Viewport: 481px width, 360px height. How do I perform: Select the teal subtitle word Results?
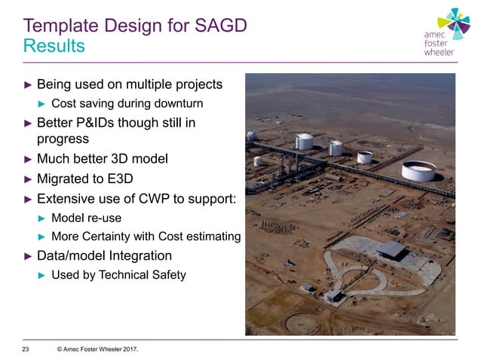[x=54, y=46]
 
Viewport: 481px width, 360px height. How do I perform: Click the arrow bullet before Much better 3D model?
[x=28, y=159]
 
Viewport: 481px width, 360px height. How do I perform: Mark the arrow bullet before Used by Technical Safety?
[x=42, y=276]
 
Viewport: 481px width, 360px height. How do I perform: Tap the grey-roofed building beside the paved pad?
[x=391, y=249]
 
